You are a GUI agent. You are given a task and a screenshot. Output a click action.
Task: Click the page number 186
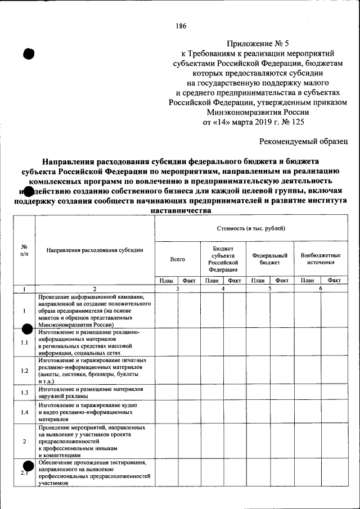pos(181,26)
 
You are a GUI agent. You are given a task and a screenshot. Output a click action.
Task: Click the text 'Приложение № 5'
pos(259,43)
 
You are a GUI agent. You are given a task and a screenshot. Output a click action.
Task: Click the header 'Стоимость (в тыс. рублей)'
pos(250,228)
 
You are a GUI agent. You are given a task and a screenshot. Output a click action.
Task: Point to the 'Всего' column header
pos(177,259)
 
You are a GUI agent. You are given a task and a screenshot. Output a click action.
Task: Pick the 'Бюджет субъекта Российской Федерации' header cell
pos(223,259)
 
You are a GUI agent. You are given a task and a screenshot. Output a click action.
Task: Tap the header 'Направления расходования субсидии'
pos(94,249)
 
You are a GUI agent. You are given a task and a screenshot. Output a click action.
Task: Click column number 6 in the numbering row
pos(321,289)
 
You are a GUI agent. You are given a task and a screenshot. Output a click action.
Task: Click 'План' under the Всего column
pos(166,280)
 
